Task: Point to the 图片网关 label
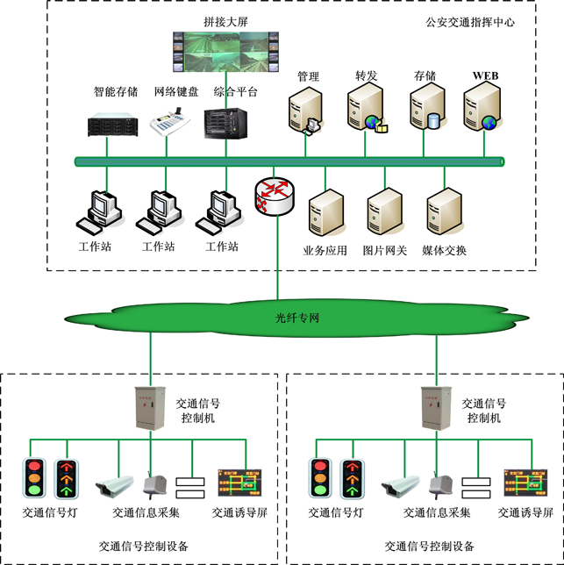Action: click(x=385, y=250)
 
